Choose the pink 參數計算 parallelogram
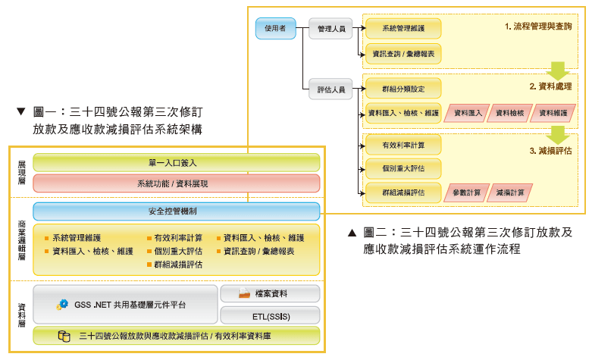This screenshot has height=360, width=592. point(467,193)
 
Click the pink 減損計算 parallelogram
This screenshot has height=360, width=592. point(510,193)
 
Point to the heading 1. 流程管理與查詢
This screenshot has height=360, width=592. point(539,27)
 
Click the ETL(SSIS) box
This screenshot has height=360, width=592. point(269,315)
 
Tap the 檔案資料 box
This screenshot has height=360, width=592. point(269,294)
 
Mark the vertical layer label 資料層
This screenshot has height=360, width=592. point(20,312)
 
